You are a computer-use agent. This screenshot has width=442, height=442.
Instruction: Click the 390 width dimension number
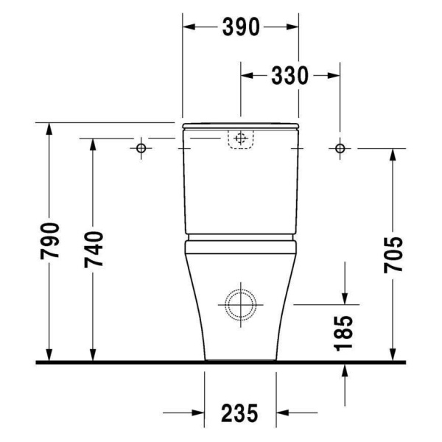pyautogui.click(x=241, y=27)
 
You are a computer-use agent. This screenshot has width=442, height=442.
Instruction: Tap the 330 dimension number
pyautogui.click(x=290, y=76)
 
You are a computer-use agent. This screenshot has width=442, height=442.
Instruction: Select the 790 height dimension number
pyautogui.click(x=50, y=241)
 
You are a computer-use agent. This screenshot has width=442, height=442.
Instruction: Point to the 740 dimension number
pyautogui.click(x=94, y=249)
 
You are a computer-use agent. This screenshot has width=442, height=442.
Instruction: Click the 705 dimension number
pyautogui.click(x=393, y=255)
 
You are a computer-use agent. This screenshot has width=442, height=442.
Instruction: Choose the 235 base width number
pyautogui.click(x=239, y=413)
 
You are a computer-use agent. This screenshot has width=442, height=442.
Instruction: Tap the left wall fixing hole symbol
pyautogui.click(x=141, y=148)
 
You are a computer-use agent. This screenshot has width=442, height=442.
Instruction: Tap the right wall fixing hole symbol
pyautogui.click(x=340, y=148)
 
